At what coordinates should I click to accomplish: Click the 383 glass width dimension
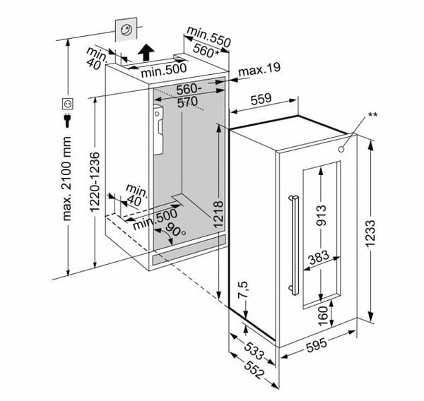point(319,260)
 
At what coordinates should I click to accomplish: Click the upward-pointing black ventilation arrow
point(146,52)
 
